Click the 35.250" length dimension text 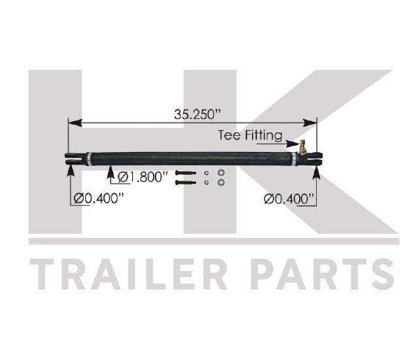pos(197,115)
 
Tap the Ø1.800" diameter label pos(143,177)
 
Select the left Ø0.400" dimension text pos(98,198)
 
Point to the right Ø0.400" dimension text pos(289,198)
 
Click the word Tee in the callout pos(229,135)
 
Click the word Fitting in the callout pos(264,135)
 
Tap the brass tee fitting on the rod pos(302,147)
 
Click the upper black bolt pos(185,173)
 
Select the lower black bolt pos(185,182)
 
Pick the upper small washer pos(206,173)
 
